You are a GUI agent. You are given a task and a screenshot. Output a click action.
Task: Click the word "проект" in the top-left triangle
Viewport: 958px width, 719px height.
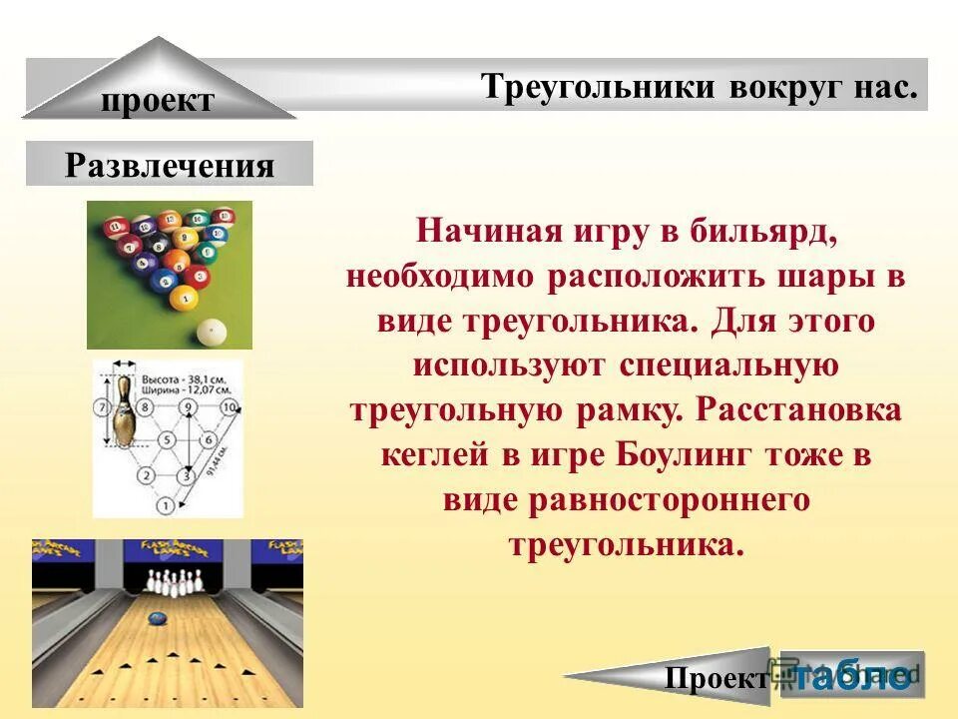[157, 101]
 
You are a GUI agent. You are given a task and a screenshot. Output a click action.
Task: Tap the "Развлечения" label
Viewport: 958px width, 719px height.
[169, 165]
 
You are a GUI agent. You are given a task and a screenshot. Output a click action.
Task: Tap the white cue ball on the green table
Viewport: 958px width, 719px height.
[211, 332]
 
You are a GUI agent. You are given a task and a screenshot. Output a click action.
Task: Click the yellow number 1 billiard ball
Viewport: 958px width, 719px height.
[183, 298]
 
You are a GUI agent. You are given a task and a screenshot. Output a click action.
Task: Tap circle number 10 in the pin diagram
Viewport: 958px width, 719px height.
[230, 407]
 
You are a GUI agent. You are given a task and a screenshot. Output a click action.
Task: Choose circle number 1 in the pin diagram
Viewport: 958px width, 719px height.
[164, 506]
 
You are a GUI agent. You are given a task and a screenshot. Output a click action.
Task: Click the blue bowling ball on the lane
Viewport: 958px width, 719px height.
[156, 618]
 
